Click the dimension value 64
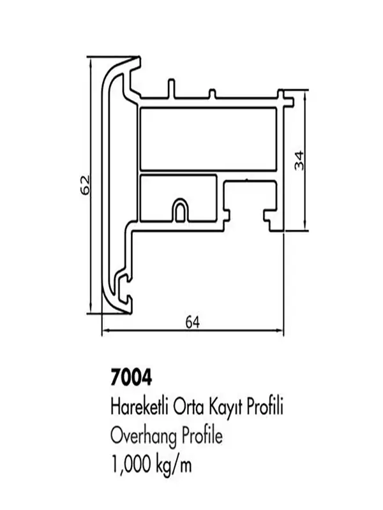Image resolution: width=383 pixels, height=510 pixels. point(193,323)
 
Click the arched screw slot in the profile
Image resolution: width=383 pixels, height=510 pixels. point(180,210)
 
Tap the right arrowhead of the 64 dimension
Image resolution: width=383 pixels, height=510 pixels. point(281,330)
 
